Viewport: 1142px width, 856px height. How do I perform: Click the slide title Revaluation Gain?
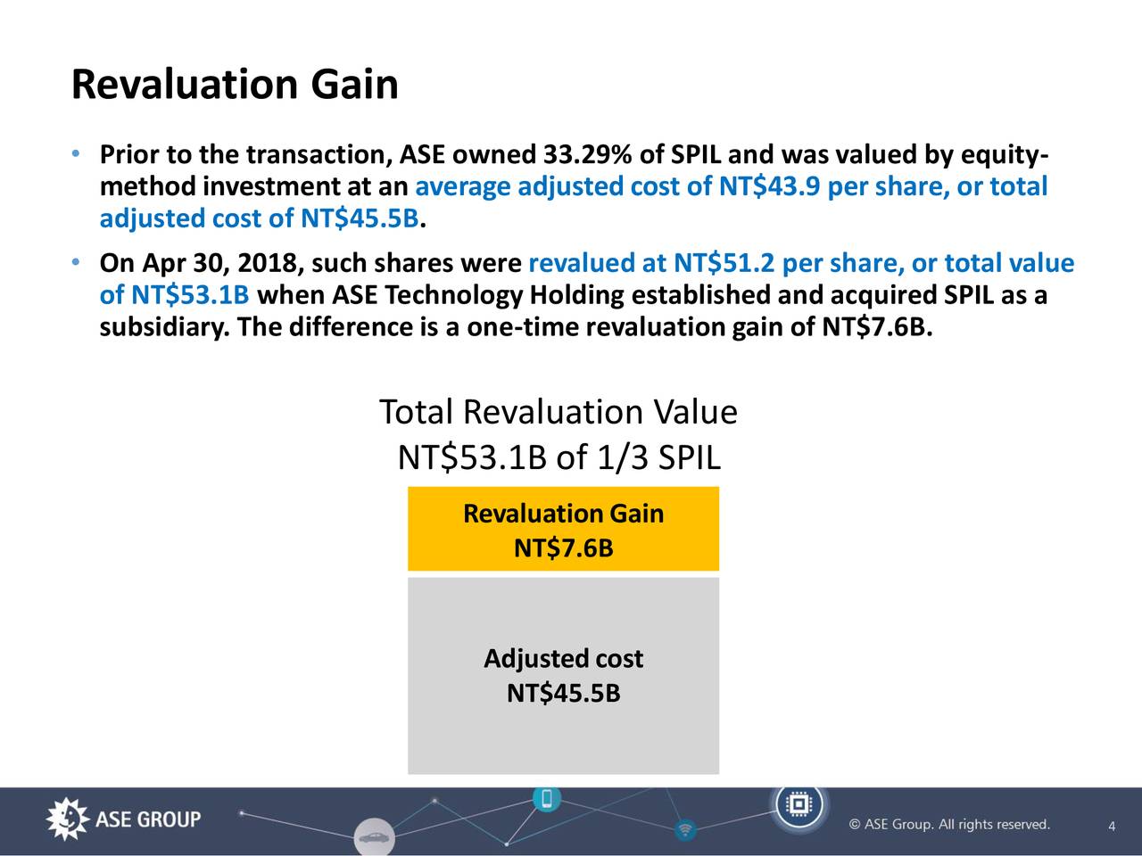click(x=235, y=86)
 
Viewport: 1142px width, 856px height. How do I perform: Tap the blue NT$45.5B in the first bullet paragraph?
click(x=360, y=218)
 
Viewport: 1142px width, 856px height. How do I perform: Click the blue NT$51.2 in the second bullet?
click(x=724, y=264)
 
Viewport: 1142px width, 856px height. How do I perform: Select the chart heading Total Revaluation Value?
click(x=558, y=413)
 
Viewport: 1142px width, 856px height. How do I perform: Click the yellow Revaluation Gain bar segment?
click(x=563, y=529)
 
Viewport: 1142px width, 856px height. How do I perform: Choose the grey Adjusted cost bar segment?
click(x=563, y=676)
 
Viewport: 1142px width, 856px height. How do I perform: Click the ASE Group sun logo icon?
click(x=67, y=819)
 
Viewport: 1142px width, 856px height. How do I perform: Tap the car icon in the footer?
click(x=374, y=838)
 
